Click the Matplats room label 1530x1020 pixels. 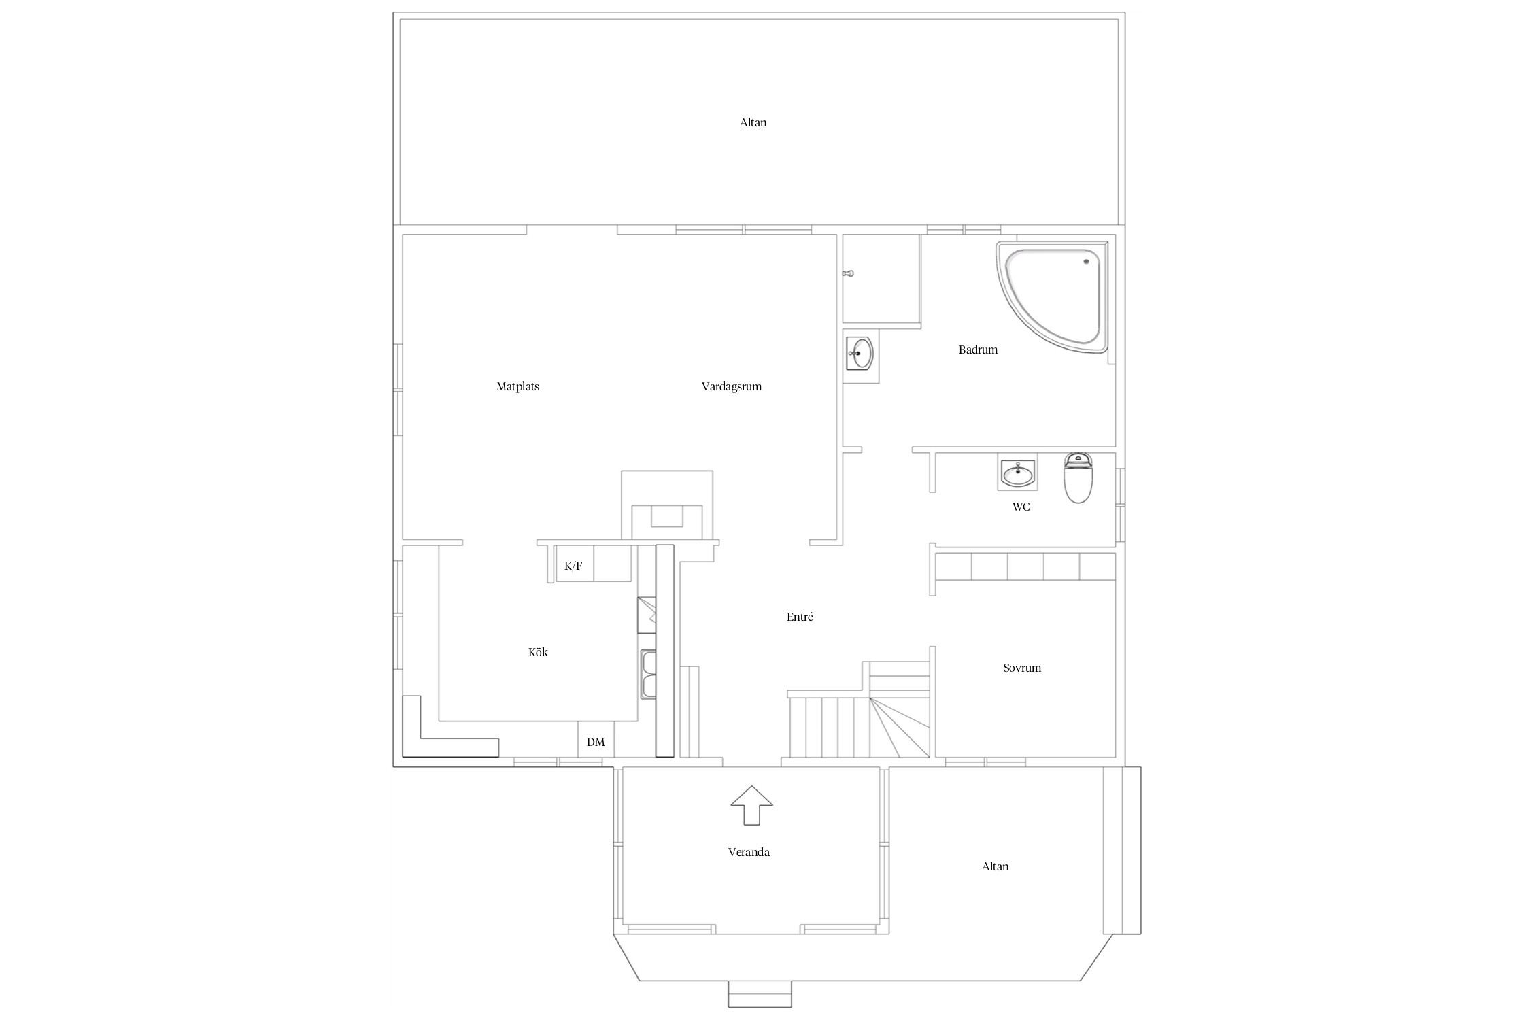point(517,387)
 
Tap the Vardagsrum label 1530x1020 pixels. point(731,387)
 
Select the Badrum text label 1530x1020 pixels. point(978,350)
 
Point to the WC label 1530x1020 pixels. point(1021,507)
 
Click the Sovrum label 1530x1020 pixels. point(1022,668)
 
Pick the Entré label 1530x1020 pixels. point(800,617)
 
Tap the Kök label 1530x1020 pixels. point(538,653)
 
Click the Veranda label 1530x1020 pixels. point(749,853)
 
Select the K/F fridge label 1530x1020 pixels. point(573,566)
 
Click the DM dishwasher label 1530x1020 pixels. point(596,743)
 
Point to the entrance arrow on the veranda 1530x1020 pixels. point(751,805)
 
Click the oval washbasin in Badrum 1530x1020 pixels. point(860,354)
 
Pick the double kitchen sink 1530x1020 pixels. point(648,674)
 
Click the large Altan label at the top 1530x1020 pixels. point(753,123)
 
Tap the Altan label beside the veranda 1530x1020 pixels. point(995,867)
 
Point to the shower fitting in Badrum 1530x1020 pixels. point(847,273)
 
